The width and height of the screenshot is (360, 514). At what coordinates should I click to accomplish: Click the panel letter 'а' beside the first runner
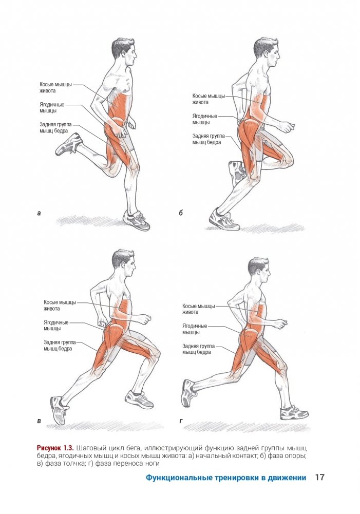pyautogui.click(x=39, y=214)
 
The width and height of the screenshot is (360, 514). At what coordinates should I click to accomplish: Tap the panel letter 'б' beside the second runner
pyautogui.click(x=181, y=213)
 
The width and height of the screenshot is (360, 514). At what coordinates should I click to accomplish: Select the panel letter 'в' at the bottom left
pyautogui.click(x=39, y=421)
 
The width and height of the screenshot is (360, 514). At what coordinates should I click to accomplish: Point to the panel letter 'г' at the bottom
pyautogui.click(x=181, y=421)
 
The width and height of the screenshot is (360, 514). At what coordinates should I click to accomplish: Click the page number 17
pyautogui.click(x=319, y=477)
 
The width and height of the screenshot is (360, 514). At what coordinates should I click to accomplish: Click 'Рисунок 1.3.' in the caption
pyautogui.click(x=55, y=448)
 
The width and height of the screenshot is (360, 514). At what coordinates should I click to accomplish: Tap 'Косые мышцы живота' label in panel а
pyautogui.click(x=55, y=87)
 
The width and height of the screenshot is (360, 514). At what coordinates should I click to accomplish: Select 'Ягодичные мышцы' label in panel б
pyautogui.click(x=204, y=119)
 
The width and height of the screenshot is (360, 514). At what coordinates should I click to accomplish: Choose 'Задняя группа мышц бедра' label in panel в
pyautogui.click(x=60, y=346)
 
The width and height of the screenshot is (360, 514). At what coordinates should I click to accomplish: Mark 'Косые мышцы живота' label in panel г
pyautogui.click(x=198, y=309)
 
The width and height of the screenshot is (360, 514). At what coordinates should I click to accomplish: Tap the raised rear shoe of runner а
pyautogui.click(x=69, y=144)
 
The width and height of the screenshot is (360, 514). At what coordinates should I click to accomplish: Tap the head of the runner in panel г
pyautogui.click(x=259, y=272)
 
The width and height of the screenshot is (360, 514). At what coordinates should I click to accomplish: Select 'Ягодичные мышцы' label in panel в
pyautogui.click(x=56, y=326)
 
